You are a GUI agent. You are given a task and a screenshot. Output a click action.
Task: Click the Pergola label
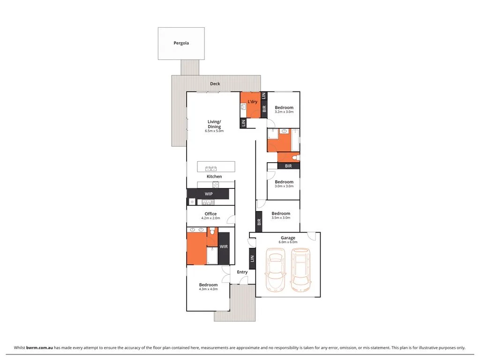181,43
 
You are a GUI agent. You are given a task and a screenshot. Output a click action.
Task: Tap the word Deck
215,84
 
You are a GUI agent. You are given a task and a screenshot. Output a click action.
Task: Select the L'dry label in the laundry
253,102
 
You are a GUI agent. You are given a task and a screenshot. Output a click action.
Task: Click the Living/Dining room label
214,124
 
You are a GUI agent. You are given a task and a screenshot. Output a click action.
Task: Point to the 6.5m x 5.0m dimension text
214,131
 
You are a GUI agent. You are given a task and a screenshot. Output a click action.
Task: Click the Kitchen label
214,177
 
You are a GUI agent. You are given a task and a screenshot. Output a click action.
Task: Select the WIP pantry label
209,194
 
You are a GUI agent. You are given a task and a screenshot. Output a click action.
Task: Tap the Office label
210,214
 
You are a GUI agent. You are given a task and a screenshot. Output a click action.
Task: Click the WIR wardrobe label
224,246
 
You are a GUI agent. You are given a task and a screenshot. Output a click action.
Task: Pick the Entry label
242,272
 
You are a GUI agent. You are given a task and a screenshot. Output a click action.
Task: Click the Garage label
288,238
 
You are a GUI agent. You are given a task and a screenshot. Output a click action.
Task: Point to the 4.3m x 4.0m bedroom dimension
208,289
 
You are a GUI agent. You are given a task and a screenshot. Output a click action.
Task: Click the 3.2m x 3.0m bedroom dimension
284,112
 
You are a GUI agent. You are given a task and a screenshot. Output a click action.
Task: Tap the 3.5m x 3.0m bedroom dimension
281,217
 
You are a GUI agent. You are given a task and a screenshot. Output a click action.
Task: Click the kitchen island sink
210,168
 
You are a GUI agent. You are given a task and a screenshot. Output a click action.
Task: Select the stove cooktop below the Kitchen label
215,184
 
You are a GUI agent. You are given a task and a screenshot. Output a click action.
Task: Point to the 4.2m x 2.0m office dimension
210,218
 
